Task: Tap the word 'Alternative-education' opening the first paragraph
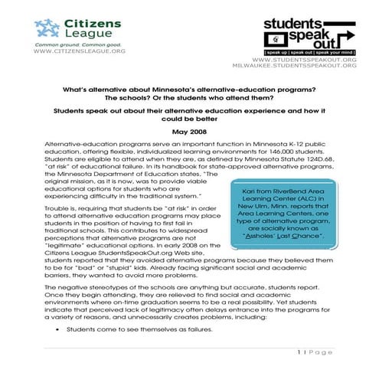pyautogui.click(x=80, y=145)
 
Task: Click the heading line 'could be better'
pyautogui.click(x=189, y=119)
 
